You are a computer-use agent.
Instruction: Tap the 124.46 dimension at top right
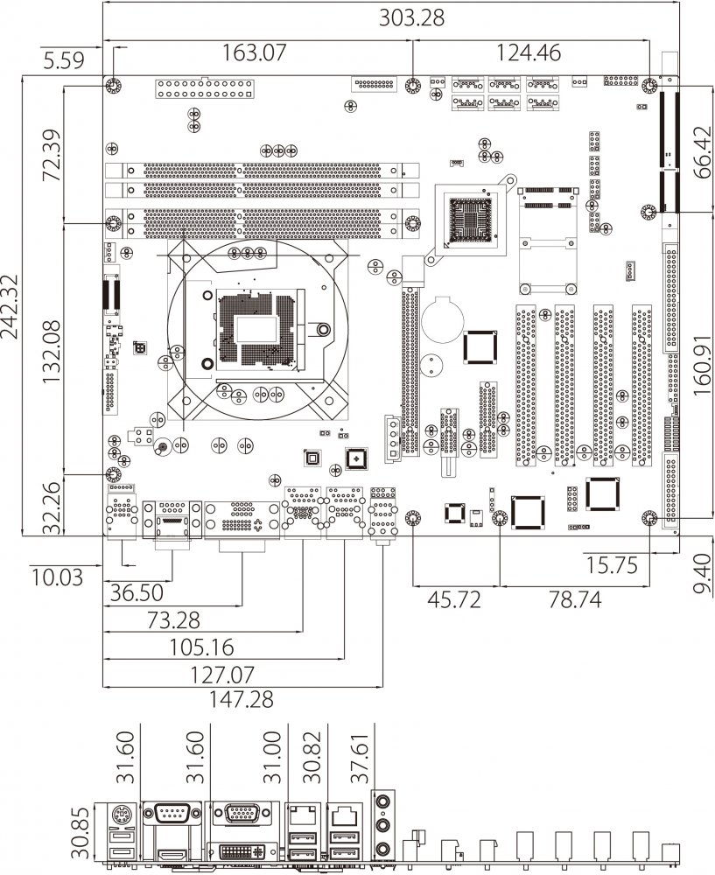(x=529, y=52)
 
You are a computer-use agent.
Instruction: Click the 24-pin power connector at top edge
(x=205, y=89)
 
